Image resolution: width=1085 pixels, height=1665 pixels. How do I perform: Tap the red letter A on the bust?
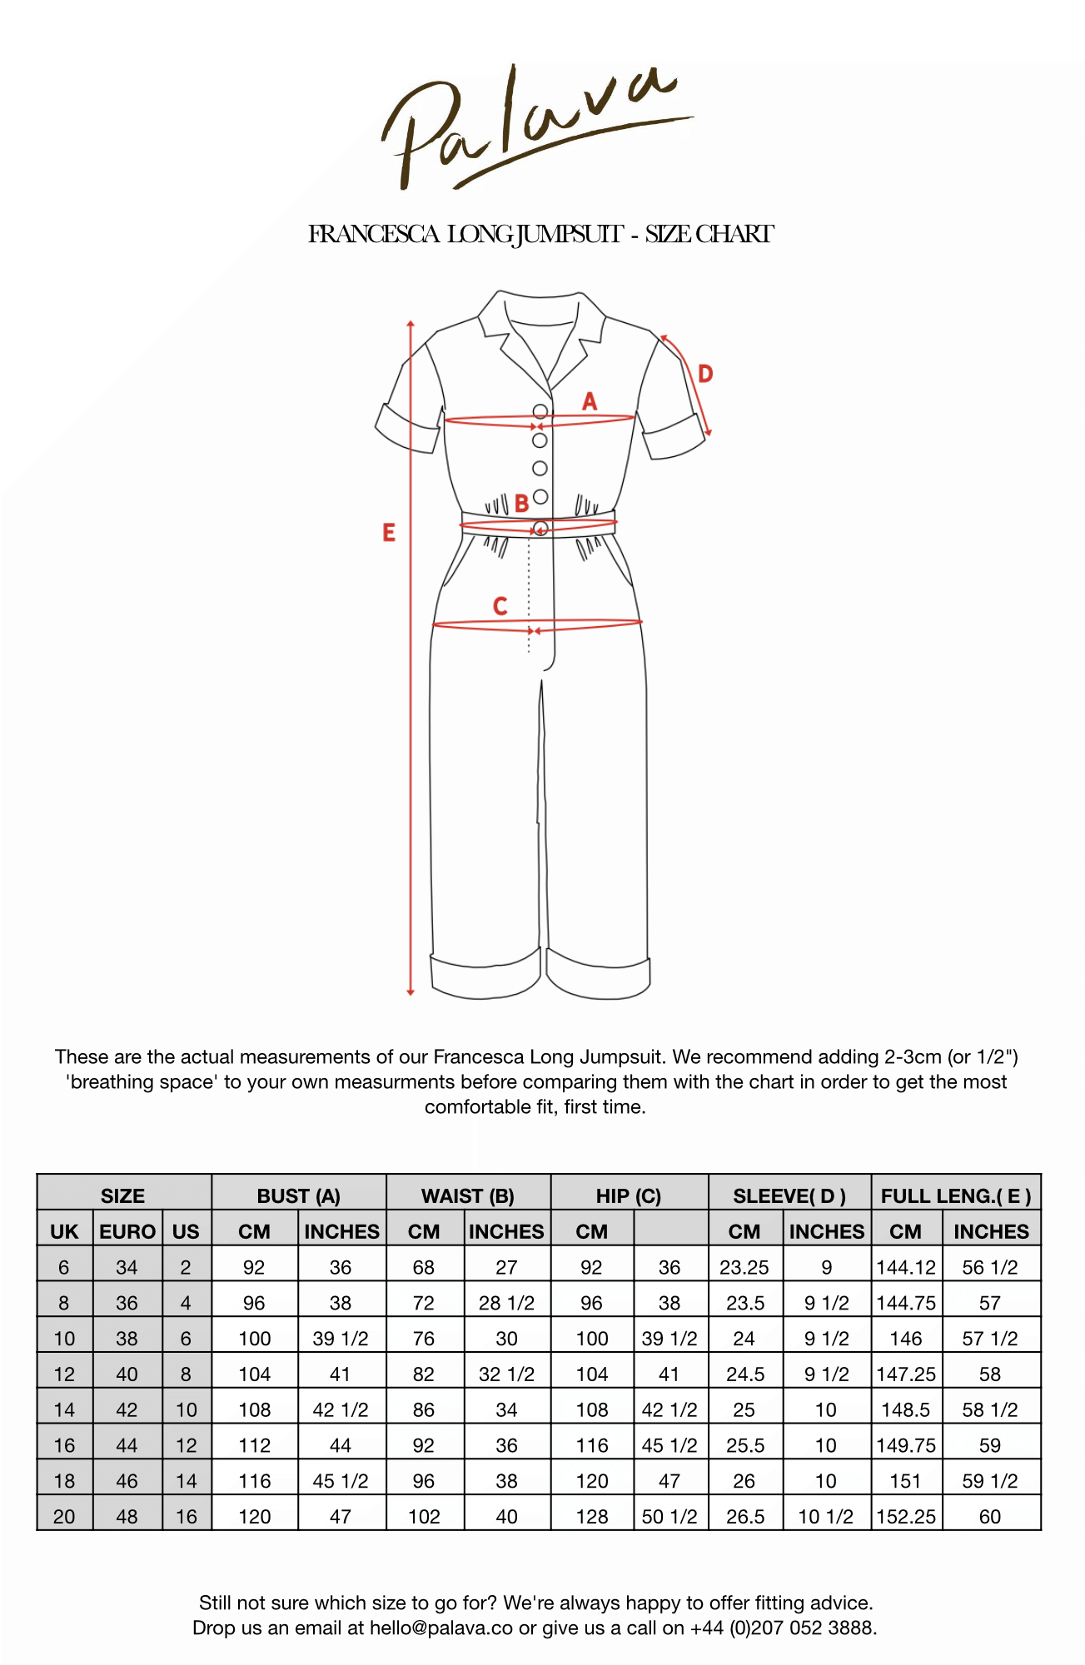(x=590, y=402)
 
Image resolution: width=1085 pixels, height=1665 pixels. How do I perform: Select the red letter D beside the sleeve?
(x=705, y=374)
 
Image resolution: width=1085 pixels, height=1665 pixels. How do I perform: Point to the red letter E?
(x=389, y=533)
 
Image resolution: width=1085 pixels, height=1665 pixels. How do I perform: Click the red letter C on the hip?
(x=500, y=606)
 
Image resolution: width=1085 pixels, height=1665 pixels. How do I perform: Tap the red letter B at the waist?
(x=521, y=504)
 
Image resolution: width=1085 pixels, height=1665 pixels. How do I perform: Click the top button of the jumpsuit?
(x=540, y=411)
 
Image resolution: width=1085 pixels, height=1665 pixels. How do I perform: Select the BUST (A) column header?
(x=298, y=1196)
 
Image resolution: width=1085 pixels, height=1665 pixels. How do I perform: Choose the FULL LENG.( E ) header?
(x=956, y=1196)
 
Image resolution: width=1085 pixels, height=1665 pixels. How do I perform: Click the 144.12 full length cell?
(x=906, y=1267)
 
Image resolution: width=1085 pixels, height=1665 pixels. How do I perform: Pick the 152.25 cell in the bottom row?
(x=906, y=1517)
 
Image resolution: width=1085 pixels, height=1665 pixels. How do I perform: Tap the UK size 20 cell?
(x=64, y=1517)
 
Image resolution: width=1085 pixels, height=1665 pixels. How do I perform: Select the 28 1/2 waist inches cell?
(x=506, y=1303)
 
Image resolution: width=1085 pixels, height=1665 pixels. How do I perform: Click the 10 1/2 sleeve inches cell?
(x=825, y=1517)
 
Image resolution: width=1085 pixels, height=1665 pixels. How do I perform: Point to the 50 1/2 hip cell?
(x=669, y=1517)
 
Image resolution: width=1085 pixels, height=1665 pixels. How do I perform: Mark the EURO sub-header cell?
(x=127, y=1231)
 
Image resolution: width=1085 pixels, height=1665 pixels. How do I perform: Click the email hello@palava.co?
(x=441, y=1628)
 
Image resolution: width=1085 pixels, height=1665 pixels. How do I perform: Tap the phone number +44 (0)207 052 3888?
(x=782, y=1628)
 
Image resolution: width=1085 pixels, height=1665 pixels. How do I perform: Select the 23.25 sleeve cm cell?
(x=744, y=1267)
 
